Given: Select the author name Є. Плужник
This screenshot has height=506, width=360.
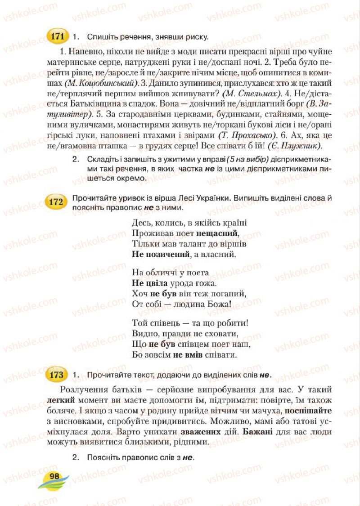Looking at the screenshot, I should (x=295, y=146).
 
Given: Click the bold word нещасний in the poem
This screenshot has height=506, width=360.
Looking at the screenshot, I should (x=217, y=233).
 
